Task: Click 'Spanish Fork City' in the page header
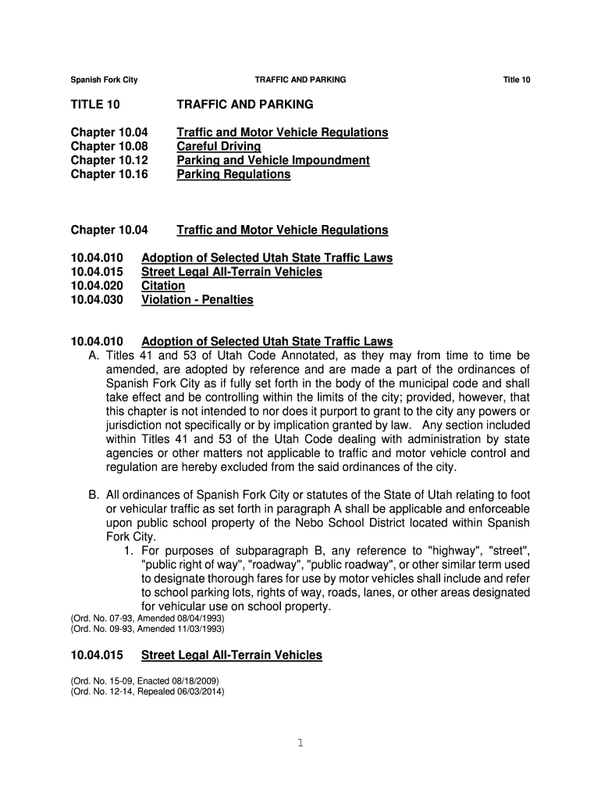pos(104,80)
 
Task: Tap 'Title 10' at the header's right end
pos(517,80)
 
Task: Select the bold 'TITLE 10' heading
pos(96,104)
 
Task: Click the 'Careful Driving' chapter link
pos(219,146)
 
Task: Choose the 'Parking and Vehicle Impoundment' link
pos(273,160)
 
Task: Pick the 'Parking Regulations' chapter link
pos(233,174)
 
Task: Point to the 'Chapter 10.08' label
pos(109,146)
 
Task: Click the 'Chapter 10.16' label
pos(109,174)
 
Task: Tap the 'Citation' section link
pos(163,286)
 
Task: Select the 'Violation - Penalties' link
pos(197,300)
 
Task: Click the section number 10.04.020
pos(97,286)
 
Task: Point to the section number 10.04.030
pos(97,300)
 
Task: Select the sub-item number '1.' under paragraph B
pos(129,550)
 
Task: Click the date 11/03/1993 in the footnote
pos(199,627)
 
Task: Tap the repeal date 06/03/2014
pos(201,690)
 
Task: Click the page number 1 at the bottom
pos(300,743)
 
